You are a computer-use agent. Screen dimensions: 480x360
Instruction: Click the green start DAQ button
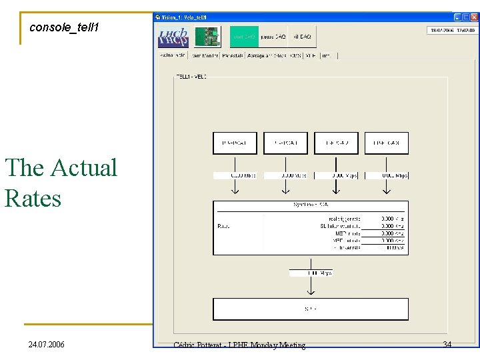click(x=244, y=37)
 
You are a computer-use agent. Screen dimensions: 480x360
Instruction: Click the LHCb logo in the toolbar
click(x=173, y=37)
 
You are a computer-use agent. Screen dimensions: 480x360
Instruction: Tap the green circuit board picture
click(x=208, y=37)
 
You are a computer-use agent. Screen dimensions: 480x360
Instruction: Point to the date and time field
click(x=451, y=30)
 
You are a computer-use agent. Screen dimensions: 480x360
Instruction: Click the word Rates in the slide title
click(x=33, y=198)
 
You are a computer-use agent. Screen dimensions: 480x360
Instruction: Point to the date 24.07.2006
click(x=47, y=345)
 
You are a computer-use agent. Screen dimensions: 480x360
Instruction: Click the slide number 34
click(x=447, y=344)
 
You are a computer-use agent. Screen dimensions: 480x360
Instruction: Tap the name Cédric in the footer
click(x=188, y=345)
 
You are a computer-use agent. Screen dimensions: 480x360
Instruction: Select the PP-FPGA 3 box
click(x=386, y=143)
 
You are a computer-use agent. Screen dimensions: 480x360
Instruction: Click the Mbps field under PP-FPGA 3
click(x=386, y=175)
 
